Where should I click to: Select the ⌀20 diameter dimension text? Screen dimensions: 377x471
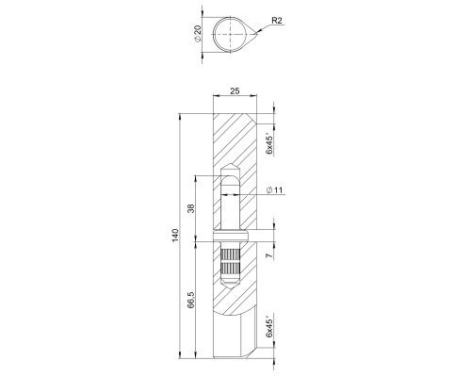point(198,36)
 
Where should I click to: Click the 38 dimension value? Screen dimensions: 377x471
point(190,209)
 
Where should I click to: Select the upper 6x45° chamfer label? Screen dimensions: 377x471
point(269,143)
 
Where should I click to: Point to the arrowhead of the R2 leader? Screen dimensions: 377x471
point(256,34)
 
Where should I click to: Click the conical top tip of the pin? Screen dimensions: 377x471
point(229,167)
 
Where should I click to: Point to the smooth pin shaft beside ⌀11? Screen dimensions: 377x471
point(229,203)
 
